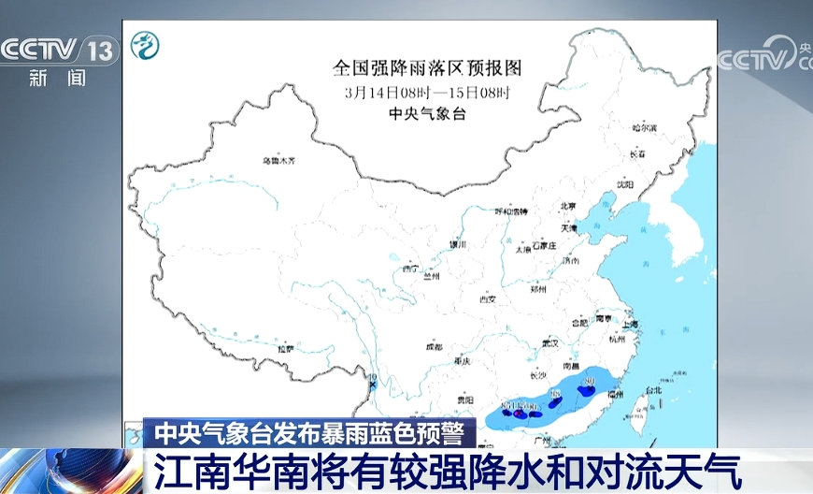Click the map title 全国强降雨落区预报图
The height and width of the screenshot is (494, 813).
point(426,68)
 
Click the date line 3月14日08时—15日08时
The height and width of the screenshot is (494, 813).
point(426,93)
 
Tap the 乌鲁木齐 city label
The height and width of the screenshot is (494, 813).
point(278,161)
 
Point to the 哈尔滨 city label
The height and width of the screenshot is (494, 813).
point(644,127)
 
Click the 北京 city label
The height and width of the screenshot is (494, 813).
point(567,207)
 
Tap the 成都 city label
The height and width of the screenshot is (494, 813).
point(433,345)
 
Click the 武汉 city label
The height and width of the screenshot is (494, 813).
point(549,343)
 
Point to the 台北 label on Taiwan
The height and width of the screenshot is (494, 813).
point(654,389)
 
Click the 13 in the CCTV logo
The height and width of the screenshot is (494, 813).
point(100,50)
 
